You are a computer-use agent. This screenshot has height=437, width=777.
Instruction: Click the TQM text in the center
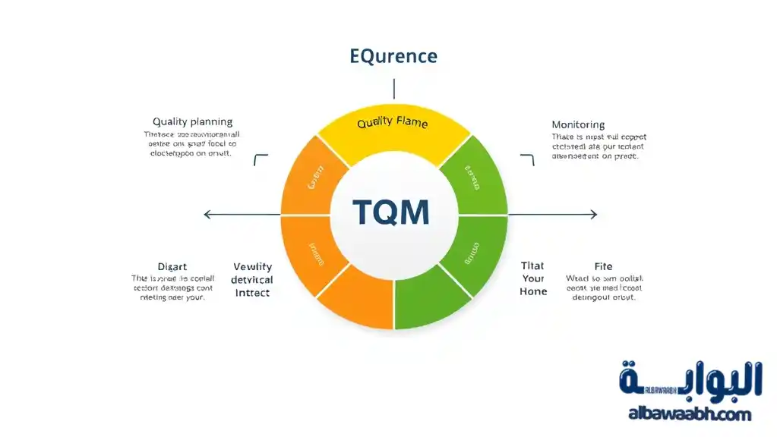391,213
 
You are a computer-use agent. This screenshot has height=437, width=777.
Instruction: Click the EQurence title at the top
393,56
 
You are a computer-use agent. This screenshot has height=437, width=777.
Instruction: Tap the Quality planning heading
192,121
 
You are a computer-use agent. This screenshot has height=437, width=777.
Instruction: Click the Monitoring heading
578,124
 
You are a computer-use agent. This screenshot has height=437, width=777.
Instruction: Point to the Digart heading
172,266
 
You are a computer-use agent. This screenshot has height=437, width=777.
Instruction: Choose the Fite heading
603,266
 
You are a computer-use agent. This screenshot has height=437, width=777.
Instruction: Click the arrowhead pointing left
207,215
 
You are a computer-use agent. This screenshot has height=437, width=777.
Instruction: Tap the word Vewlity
252,267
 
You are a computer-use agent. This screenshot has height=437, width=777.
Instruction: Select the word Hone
533,291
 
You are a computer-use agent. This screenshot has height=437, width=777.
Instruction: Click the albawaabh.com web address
689,414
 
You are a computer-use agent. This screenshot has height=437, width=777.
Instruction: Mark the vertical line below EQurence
393,88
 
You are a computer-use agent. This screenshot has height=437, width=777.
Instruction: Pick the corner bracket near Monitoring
528,159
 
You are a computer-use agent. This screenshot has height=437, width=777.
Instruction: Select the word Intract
252,293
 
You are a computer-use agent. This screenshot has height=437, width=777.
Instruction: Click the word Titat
532,266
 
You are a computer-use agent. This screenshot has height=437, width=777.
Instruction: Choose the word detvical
252,280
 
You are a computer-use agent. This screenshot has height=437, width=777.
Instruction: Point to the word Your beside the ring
533,278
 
